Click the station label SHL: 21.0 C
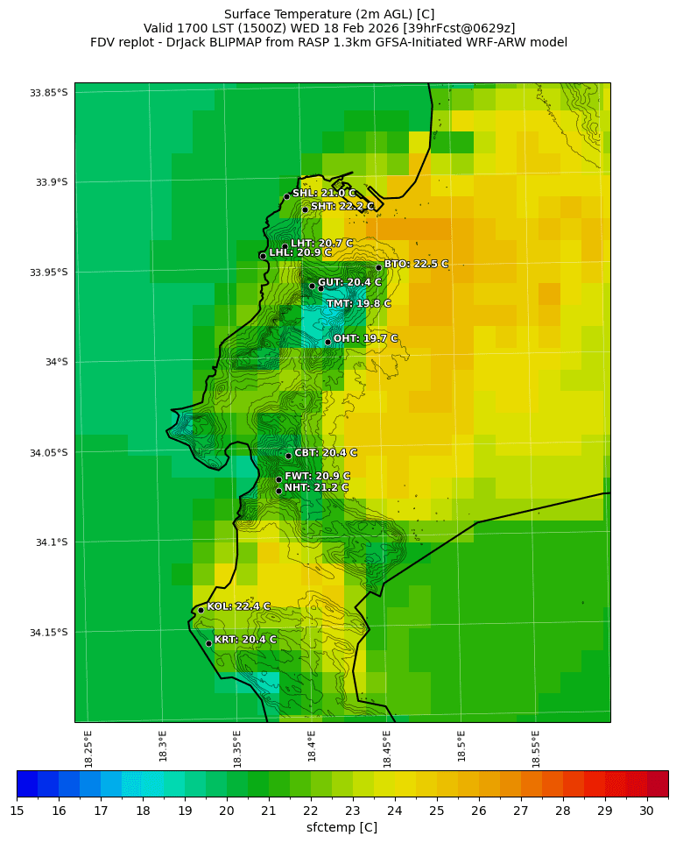tap(324, 194)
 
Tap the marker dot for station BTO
tap(379, 267)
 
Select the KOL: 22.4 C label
tap(238, 606)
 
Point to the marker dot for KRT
tap(208, 643)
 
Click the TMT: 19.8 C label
tap(359, 304)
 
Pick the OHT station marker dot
tap(327, 342)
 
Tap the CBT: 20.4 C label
tap(326, 453)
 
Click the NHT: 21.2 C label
tap(316, 488)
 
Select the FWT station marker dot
tap(278, 479)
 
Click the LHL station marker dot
tap(263, 256)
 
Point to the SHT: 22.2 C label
tap(342, 207)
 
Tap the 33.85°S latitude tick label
tap(49, 93)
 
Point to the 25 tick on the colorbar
tap(437, 811)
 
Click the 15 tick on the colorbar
tap(17, 811)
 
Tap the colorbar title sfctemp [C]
tap(342, 827)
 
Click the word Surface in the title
tap(247, 14)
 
